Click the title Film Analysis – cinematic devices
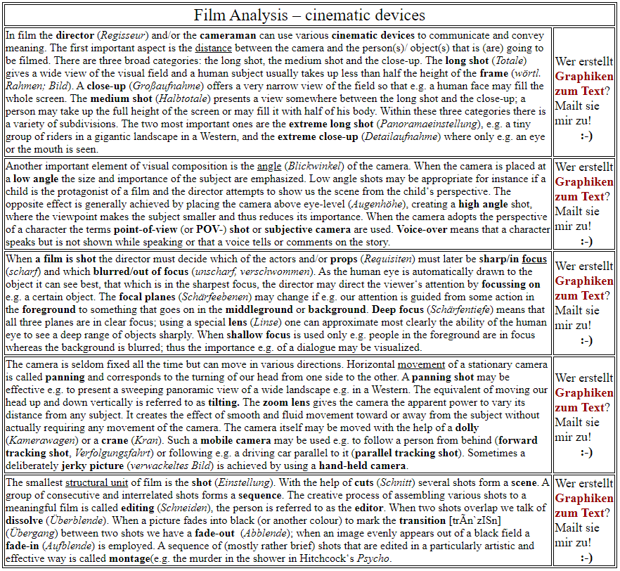309,15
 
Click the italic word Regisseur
125,35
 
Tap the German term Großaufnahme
162,86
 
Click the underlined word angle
269,166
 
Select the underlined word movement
421,364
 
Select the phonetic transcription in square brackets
479,521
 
